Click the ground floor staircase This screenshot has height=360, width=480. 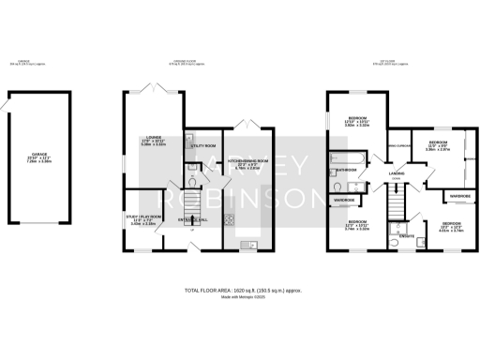click(x=195, y=202)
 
